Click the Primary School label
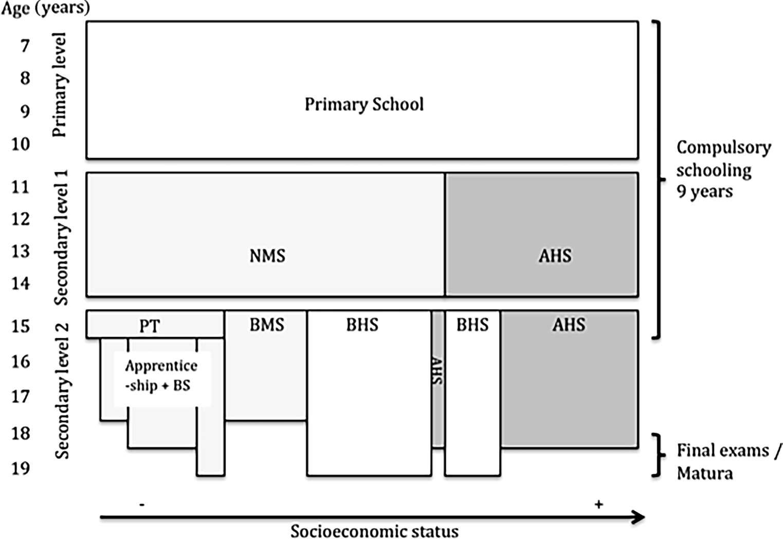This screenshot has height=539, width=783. [x=364, y=104]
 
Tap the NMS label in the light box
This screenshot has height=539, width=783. [x=267, y=256]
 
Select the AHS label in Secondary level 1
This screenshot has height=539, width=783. [x=555, y=256]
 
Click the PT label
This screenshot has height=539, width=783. [x=150, y=326]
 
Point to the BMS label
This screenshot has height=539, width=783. [x=267, y=325]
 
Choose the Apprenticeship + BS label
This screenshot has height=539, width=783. [x=161, y=375]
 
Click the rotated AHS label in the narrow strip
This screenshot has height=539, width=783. [x=438, y=371]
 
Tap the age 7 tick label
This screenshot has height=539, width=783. [x=25, y=46]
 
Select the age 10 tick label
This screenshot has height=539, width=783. [x=21, y=144]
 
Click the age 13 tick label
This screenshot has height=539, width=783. [x=21, y=251]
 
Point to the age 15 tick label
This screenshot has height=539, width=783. [x=21, y=327]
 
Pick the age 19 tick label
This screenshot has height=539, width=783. [x=21, y=468]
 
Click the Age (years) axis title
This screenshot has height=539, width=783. [x=45, y=8]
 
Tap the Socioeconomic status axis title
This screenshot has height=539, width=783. [x=374, y=531]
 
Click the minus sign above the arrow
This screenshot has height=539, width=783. [x=142, y=505]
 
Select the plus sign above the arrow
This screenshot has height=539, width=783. [x=598, y=505]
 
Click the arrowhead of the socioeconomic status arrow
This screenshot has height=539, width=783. [x=639, y=517]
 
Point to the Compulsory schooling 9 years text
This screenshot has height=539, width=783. [x=722, y=170]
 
